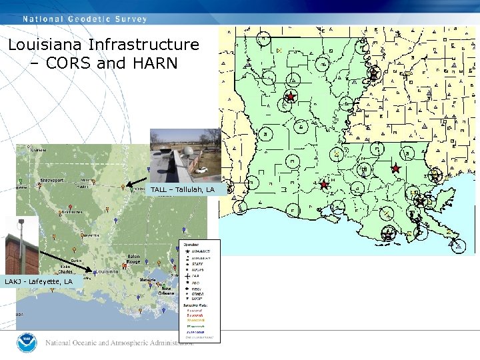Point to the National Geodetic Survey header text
85,19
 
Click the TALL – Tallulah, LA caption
182,190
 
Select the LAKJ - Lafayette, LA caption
39,282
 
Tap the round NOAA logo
29,343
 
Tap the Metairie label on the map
148,280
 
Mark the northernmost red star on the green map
290,97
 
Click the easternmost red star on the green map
395,168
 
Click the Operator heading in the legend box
191,244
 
